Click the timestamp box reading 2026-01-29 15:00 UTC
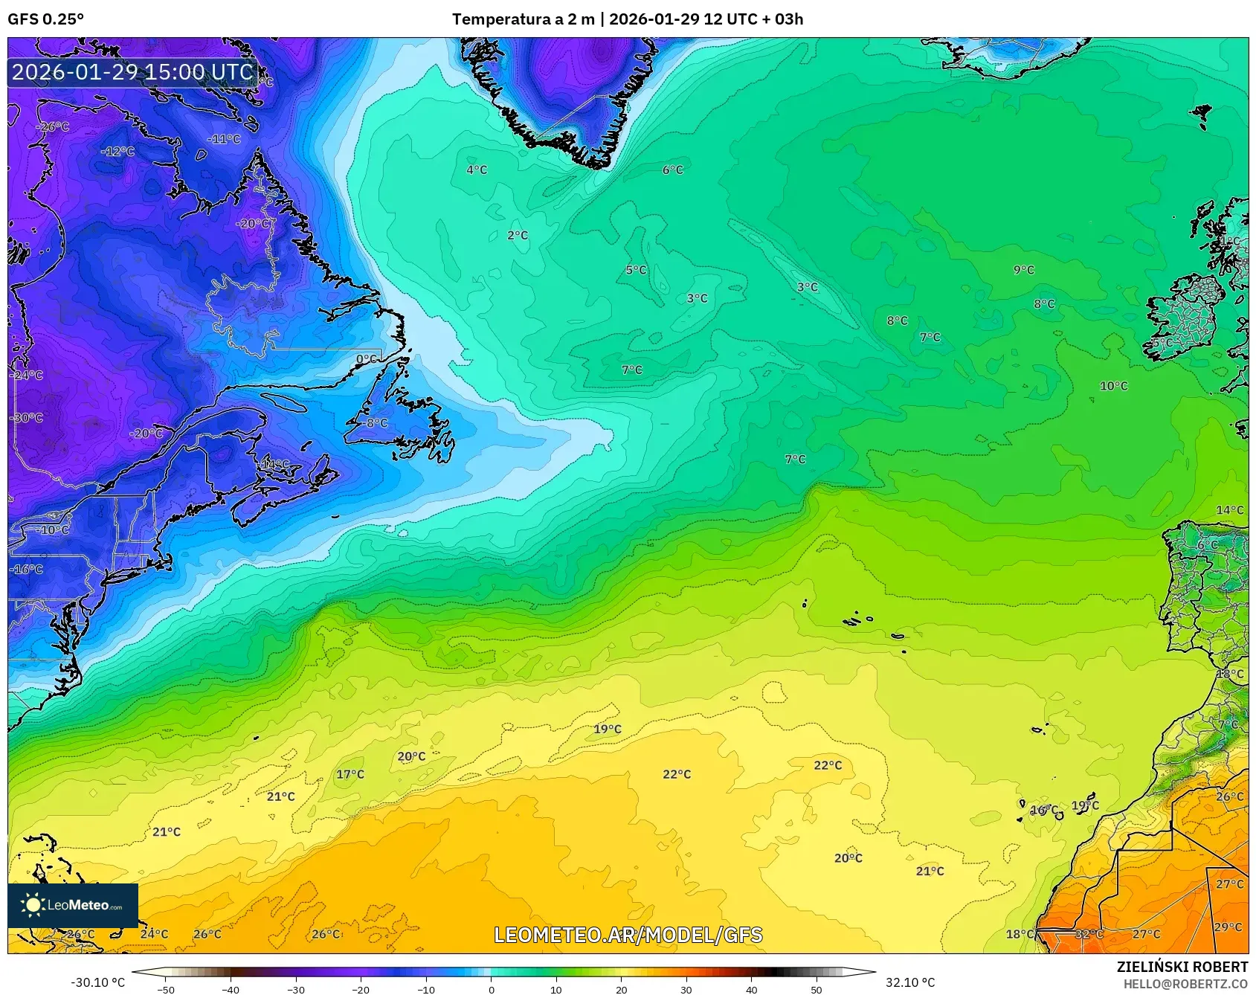pyautogui.click(x=132, y=72)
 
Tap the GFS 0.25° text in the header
pyautogui.click(x=45, y=19)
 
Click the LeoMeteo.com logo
pyautogui.click(x=73, y=905)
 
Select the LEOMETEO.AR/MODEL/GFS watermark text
pyautogui.click(x=628, y=935)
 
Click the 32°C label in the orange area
pyautogui.click(x=1089, y=934)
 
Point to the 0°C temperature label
pyautogui.click(x=366, y=359)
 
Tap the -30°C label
pyautogui.click(x=27, y=418)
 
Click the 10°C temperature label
pyautogui.click(x=1113, y=386)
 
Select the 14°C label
pyautogui.click(x=1229, y=510)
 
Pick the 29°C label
pyautogui.click(x=1228, y=927)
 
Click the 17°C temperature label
pyautogui.click(x=350, y=774)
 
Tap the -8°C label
pyautogui.click(x=376, y=423)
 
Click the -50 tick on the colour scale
pyautogui.click(x=166, y=990)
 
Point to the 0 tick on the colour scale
pyautogui.click(x=491, y=990)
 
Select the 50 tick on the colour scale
pyautogui.click(x=817, y=990)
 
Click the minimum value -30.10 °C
pyautogui.click(x=97, y=982)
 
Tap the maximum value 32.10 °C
pyautogui.click(x=909, y=982)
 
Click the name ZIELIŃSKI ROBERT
pyautogui.click(x=1182, y=967)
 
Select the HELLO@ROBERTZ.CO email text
pyautogui.click(x=1185, y=984)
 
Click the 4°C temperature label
pyautogui.click(x=477, y=170)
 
